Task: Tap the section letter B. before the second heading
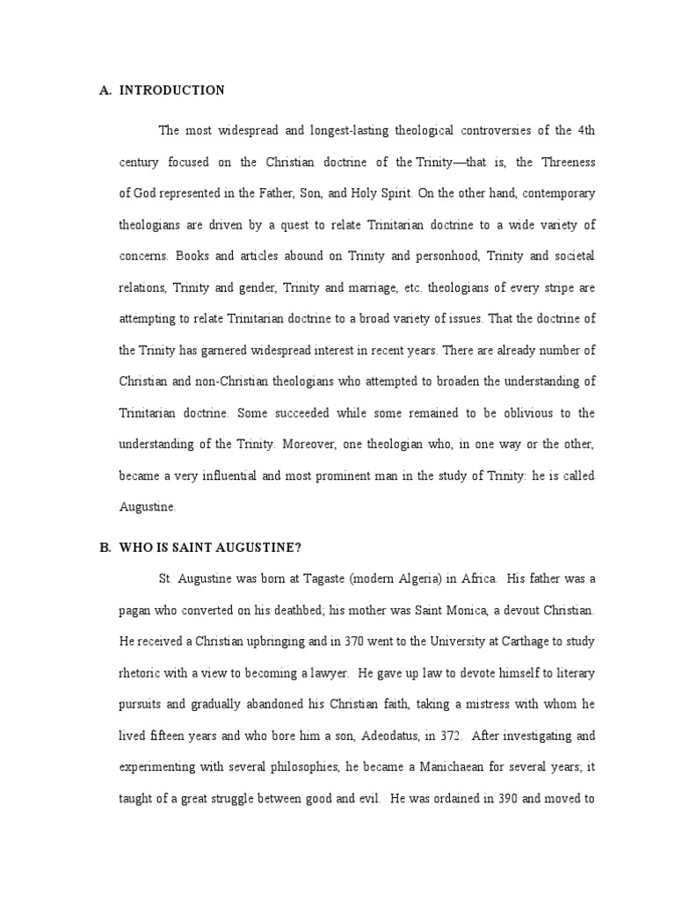(x=105, y=548)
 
